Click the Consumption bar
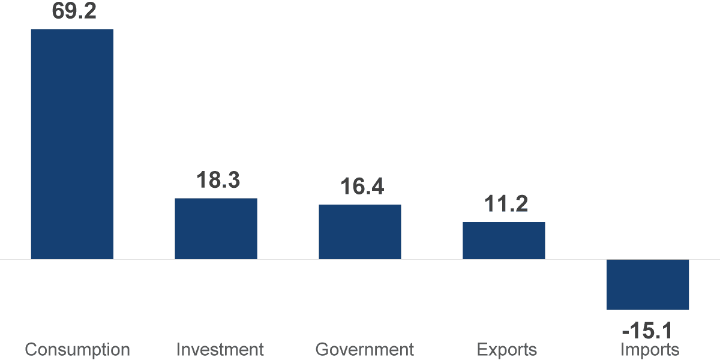[x=72, y=144]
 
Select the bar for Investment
[x=216, y=229]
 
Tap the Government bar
[x=360, y=232]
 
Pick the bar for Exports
[x=504, y=241]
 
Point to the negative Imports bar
[x=647, y=284]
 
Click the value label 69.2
[x=74, y=11]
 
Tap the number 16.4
[x=362, y=187]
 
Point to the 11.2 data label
[x=506, y=204]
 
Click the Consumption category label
[x=77, y=350]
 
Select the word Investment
[x=220, y=350]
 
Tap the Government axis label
[x=364, y=350]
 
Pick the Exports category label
[x=506, y=350]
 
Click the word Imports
[x=650, y=350]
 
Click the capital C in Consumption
[x=31, y=350]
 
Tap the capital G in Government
[x=322, y=350]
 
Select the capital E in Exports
[x=481, y=350]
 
